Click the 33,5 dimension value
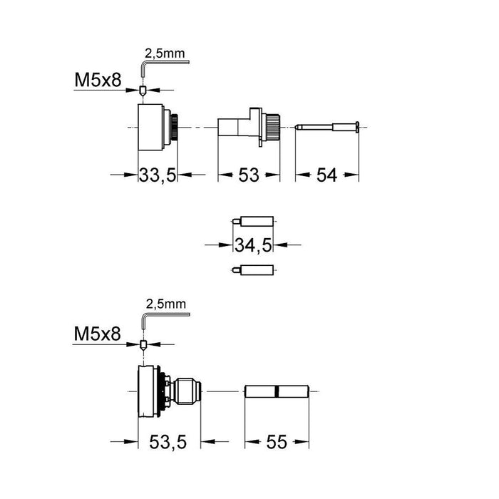click(x=158, y=175)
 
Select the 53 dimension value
click(x=249, y=175)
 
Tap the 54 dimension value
click(x=326, y=175)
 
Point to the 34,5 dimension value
click(x=253, y=245)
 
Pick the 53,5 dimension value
click(x=168, y=442)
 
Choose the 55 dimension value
click(x=277, y=442)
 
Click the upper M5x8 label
click(x=98, y=80)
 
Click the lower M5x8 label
click(x=97, y=334)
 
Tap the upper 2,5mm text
click(x=165, y=53)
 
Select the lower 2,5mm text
click(x=166, y=304)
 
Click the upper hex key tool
click(x=165, y=69)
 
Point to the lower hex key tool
click(x=165, y=321)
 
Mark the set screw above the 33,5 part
click(x=143, y=91)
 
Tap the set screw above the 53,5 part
click(x=143, y=345)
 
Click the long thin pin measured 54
click(x=327, y=128)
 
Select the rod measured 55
click(x=277, y=391)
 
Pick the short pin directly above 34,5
click(x=253, y=221)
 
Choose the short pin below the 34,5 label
click(x=253, y=270)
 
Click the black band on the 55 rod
click(x=277, y=391)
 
